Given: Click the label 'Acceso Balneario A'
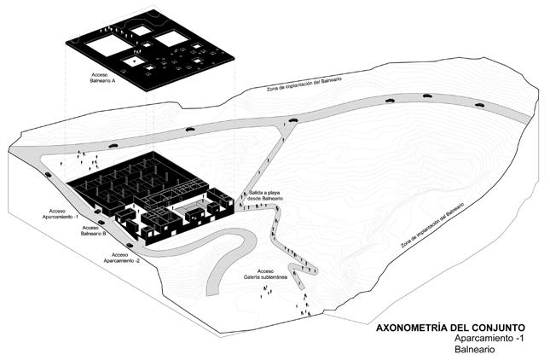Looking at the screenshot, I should click(102, 78).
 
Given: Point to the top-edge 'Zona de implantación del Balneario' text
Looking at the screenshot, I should click(304, 83).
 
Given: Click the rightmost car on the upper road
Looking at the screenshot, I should click(480, 105).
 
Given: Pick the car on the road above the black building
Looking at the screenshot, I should click(188, 129).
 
